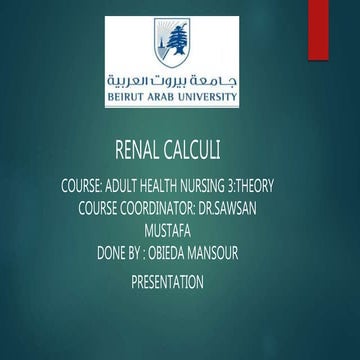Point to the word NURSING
pyautogui.click(x=231, y=186)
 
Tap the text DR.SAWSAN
pyautogui.click(x=259, y=208)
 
